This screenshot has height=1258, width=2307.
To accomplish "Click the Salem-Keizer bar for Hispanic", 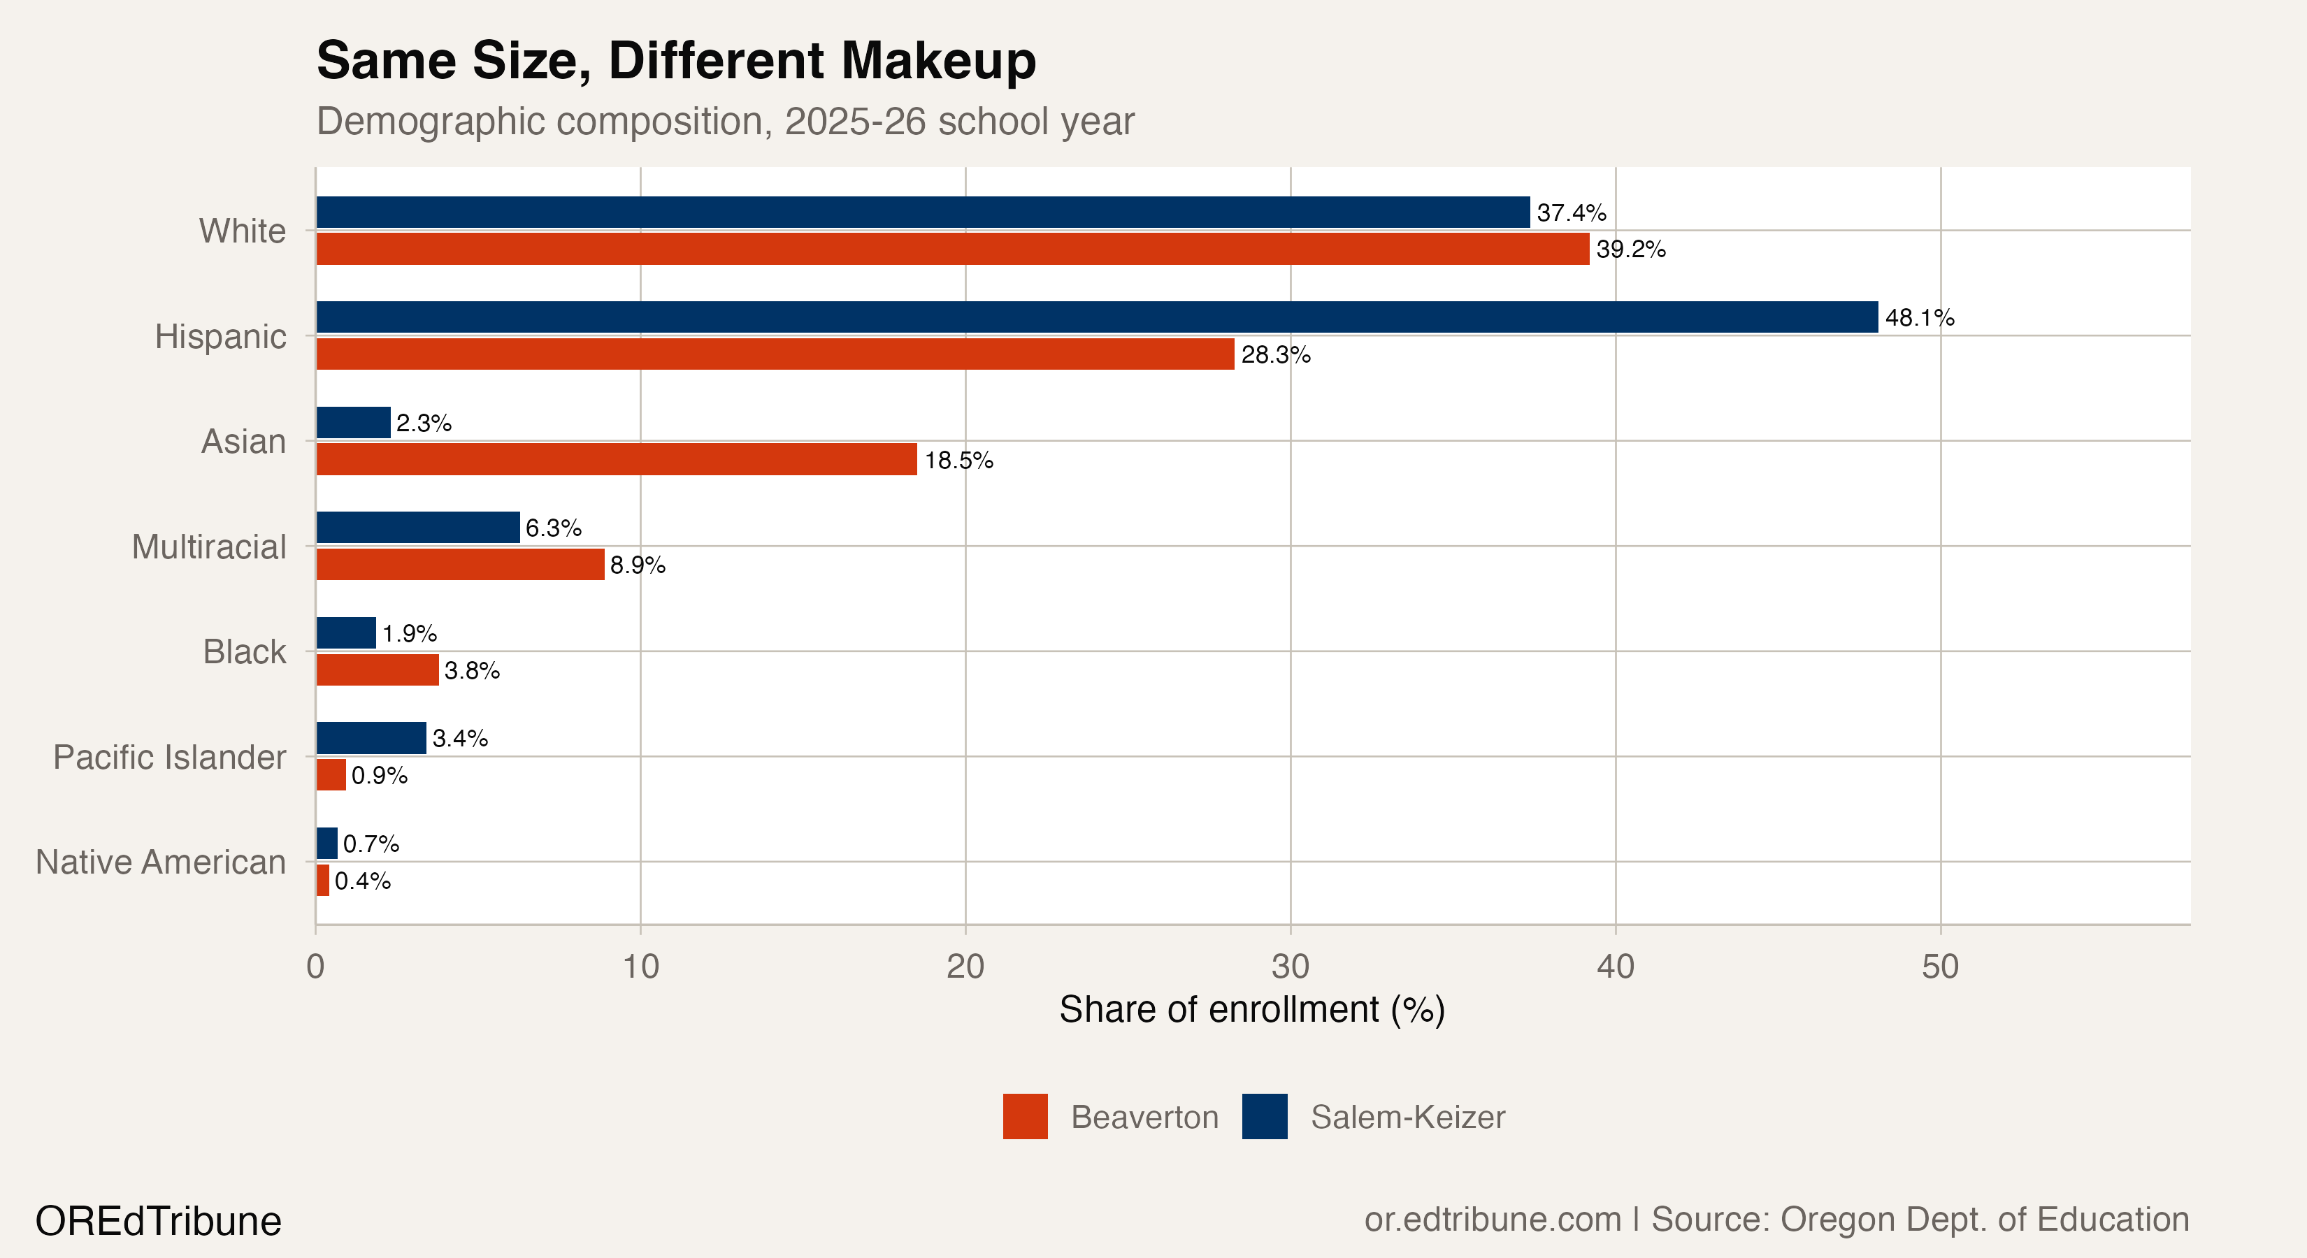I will [1096, 317].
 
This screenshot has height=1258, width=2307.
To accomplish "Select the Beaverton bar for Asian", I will [616, 459].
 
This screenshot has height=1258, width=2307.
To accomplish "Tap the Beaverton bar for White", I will [952, 249].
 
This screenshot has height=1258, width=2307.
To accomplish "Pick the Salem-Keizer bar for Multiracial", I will [417, 528].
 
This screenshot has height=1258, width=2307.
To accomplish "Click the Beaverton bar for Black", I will [377, 670].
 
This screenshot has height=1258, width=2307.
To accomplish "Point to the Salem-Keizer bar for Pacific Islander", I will [371, 738].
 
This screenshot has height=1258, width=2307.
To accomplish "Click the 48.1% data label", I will [1919, 318].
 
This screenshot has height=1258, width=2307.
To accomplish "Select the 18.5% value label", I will [958, 461].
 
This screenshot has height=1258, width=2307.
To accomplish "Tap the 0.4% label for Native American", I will [363, 881].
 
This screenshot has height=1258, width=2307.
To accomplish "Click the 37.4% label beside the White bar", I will [1571, 213].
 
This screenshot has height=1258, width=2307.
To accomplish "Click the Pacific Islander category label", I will [169, 758].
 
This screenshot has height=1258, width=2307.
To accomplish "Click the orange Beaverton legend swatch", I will [1025, 1117].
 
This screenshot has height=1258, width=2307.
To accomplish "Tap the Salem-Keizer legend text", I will [1407, 1118].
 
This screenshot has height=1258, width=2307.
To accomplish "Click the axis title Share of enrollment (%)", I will [1251, 1010].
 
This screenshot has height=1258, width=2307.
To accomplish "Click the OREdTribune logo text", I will [159, 1221].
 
